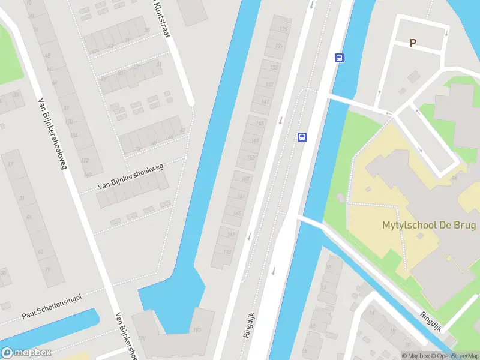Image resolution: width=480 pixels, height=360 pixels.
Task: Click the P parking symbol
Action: point(413,43)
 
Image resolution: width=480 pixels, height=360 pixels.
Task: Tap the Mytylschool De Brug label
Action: point(429,226)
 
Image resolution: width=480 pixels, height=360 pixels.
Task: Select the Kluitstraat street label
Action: point(159,18)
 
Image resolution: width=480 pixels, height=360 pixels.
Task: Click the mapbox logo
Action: point(26,353)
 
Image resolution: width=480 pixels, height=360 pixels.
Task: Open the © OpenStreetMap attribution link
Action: point(456,356)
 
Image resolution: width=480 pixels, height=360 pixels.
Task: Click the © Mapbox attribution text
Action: point(417,356)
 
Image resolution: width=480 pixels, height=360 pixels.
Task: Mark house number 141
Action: point(265,103)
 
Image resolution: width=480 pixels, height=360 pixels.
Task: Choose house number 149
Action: point(256,140)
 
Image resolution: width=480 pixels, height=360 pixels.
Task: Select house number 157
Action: point(245,178)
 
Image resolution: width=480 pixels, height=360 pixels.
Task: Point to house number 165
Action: point(236,214)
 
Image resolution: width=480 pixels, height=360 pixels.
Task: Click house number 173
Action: point(227,252)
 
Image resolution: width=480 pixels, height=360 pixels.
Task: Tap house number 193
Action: point(197,331)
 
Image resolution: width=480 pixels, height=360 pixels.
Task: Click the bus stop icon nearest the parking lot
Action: point(339,58)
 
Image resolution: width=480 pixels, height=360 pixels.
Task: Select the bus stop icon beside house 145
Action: point(302,137)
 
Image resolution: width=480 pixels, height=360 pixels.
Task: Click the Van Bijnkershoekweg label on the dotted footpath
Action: point(130,178)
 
